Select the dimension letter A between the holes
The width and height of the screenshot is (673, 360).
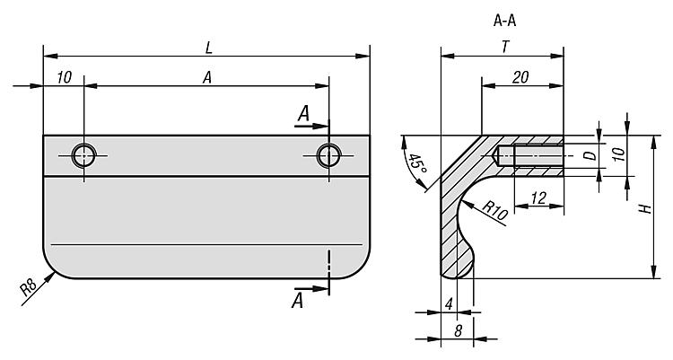coord(206,77)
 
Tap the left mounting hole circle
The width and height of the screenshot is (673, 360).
coord(83,155)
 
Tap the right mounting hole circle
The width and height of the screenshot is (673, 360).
coord(328,155)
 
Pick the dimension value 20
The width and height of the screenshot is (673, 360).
coord(520,78)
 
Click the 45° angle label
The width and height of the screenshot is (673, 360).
coord(415,167)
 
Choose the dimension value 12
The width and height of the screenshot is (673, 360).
coord(539,199)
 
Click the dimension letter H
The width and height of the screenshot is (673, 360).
coord(644,208)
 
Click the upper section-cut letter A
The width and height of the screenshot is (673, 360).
coord(304,114)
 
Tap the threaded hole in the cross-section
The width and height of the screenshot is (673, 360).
coord(529,156)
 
